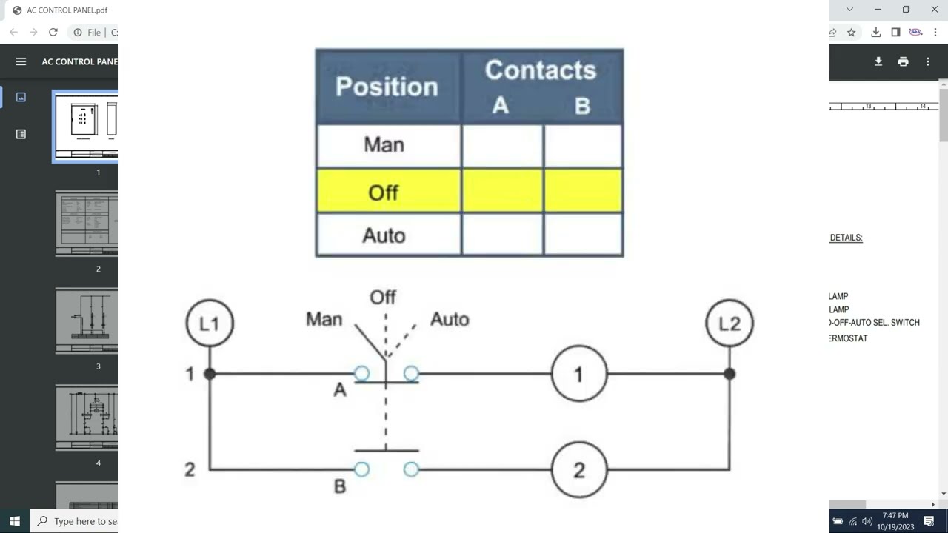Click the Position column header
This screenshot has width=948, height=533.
tap(387, 87)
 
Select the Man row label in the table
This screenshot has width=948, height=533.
tap(384, 144)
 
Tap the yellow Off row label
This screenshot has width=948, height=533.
tap(383, 192)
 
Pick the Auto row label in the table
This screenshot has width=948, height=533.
tap(384, 235)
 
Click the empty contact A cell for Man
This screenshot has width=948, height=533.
tap(502, 145)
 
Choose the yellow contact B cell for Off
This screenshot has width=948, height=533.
tap(583, 191)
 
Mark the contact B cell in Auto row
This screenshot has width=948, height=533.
tap(583, 235)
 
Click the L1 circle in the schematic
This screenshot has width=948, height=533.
tap(210, 324)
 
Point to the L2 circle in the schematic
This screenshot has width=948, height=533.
tap(730, 324)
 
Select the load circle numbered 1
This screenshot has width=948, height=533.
tap(579, 374)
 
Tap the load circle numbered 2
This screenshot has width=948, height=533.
tap(579, 469)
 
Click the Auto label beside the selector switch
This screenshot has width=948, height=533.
tap(450, 320)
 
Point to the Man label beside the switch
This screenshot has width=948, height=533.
tap(324, 320)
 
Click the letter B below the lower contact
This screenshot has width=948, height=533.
tap(340, 486)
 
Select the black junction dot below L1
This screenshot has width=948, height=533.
tap(210, 374)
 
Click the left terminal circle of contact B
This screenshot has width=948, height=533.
tap(361, 469)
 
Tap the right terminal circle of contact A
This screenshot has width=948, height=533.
tap(411, 374)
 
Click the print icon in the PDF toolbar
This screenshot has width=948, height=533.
tap(903, 61)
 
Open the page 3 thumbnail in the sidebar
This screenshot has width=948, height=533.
tap(87, 321)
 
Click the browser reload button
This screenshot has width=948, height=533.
tap(53, 32)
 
